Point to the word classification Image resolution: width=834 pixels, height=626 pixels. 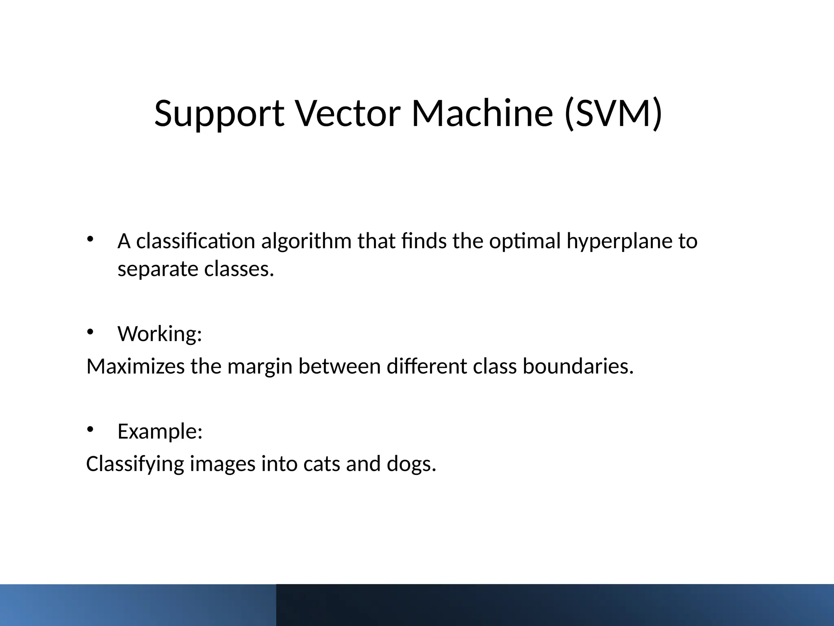[195, 241]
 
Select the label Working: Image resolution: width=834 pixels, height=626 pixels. [160, 334]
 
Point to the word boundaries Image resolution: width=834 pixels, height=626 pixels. [578, 366]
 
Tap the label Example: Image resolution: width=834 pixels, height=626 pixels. [160, 431]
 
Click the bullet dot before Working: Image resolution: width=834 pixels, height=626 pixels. [90, 332]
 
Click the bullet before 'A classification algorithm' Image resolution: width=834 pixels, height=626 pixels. [90, 239]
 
